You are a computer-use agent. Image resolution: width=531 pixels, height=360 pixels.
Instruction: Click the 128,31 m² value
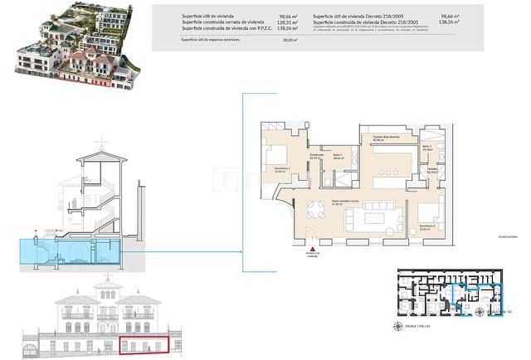coord(288,23)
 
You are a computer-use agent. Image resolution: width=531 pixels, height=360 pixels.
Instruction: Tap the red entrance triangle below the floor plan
coord(312,250)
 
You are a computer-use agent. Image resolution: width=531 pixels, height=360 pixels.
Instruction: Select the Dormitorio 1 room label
coord(275,171)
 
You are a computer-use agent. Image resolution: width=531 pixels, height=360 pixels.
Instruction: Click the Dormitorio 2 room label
coord(428,225)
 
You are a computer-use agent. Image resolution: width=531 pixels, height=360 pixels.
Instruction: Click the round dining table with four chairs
coord(315,207)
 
